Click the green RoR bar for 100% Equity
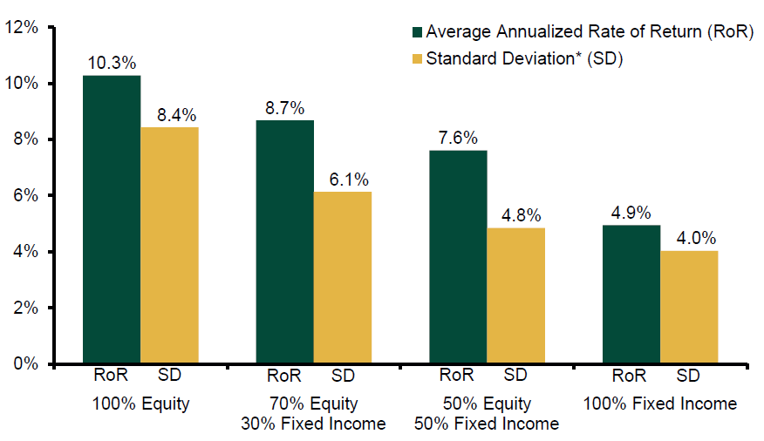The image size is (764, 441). pyautogui.click(x=112, y=219)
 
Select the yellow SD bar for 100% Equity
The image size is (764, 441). pyautogui.click(x=169, y=245)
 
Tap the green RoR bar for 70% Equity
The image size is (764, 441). pyautogui.click(x=285, y=241)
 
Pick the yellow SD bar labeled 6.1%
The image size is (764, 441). pyautogui.click(x=343, y=277)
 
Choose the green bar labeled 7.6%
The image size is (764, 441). pyautogui.click(x=458, y=256)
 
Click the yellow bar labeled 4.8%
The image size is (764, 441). pyautogui.click(x=516, y=295)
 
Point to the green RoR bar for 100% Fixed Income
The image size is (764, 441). pyautogui.click(x=631, y=294)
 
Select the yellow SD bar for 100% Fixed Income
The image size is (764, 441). pyautogui.click(x=689, y=307)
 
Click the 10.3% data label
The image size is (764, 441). pyautogui.click(x=112, y=64)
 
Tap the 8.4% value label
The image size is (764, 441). pyautogui.click(x=176, y=115)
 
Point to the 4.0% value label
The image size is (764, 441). pyautogui.click(x=696, y=239)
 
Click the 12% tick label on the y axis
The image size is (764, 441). pyautogui.click(x=21, y=27)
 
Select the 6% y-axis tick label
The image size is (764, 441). pyautogui.click(x=25, y=196)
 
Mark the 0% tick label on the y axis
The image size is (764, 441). pyautogui.click(x=25, y=364)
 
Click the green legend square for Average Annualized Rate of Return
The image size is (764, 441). pyautogui.click(x=417, y=32)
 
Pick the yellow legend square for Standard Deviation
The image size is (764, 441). pyautogui.click(x=417, y=59)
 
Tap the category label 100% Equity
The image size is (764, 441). pyautogui.click(x=140, y=404)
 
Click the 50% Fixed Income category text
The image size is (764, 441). pyautogui.click(x=487, y=424)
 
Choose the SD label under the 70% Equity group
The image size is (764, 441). pyautogui.click(x=343, y=376)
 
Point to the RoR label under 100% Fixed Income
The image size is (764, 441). pyautogui.click(x=629, y=376)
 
